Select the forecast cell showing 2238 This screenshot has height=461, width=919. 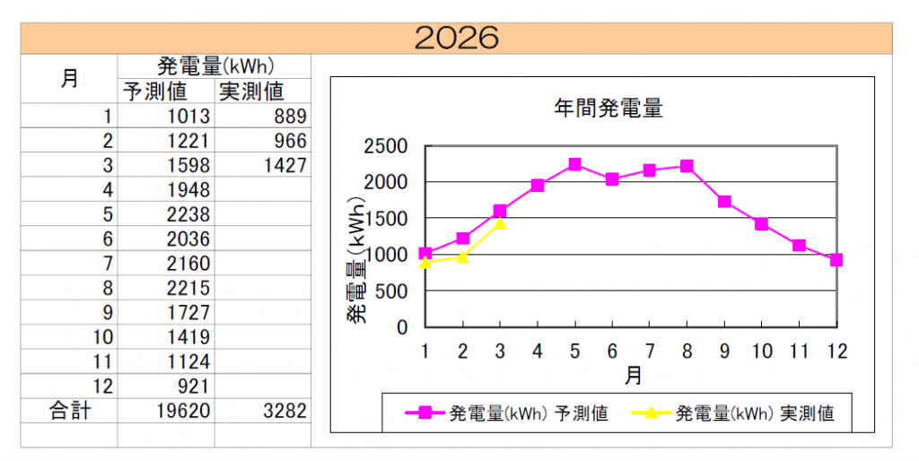click(x=188, y=214)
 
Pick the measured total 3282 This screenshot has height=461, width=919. click(x=284, y=411)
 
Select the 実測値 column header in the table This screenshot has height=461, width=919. click(x=250, y=91)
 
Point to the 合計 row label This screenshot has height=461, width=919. click(x=69, y=411)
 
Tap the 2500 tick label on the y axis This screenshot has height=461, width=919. click(x=384, y=146)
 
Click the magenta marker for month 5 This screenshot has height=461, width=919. click(x=574, y=164)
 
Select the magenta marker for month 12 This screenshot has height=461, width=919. click(x=836, y=260)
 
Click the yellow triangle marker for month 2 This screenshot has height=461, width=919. click(x=463, y=257)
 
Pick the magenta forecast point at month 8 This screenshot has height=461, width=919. click(x=687, y=166)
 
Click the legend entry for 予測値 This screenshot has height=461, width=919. click(x=507, y=413)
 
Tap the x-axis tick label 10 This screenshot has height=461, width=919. click(x=762, y=351)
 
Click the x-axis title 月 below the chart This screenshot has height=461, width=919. click(x=633, y=375)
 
